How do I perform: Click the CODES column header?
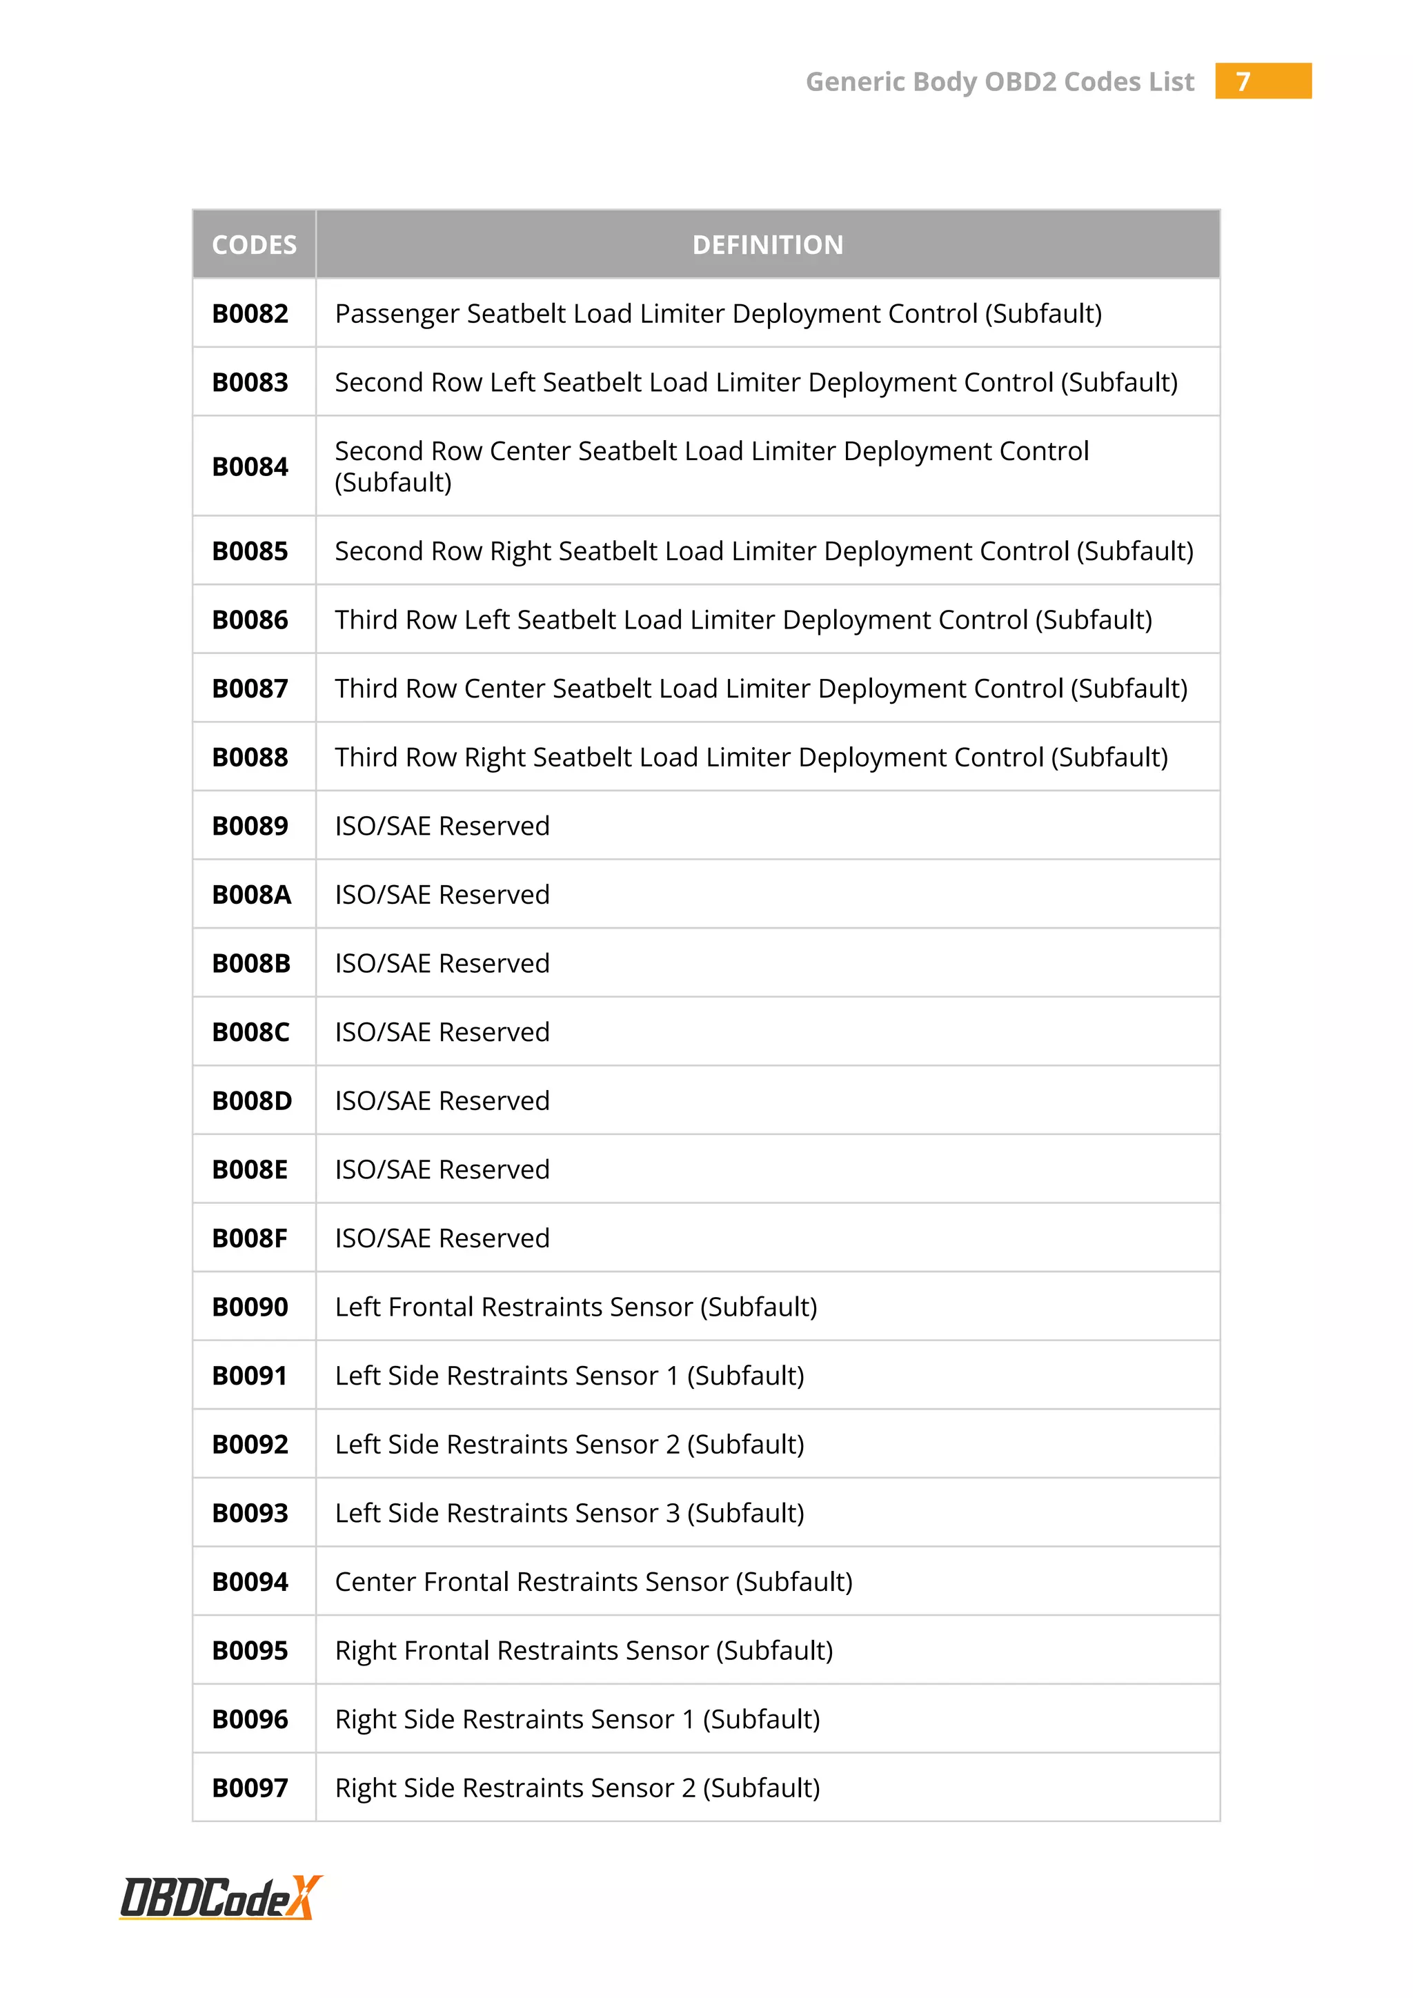click(x=254, y=244)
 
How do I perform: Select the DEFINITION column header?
click(x=767, y=244)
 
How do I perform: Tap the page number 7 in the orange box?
click(x=1243, y=82)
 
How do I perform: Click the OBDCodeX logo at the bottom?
click(x=221, y=1897)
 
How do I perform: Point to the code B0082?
click(x=250, y=313)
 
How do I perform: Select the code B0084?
click(x=250, y=466)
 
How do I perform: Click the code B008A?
click(x=251, y=895)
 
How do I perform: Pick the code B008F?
click(x=250, y=1238)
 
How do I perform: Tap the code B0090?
click(x=250, y=1307)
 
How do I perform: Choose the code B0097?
click(x=250, y=1788)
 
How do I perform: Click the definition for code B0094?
click(x=593, y=1582)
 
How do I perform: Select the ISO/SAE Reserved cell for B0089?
click(x=442, y=826)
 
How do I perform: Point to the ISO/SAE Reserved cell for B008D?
click(x=442, y=1101)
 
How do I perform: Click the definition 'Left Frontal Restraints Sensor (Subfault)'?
click(x=576, y=1307)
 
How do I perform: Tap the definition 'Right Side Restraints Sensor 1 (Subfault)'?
click(x=577, y=1719)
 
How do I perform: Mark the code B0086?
click(x=250, y=620)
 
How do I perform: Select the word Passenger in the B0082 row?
click(x=397, y=313)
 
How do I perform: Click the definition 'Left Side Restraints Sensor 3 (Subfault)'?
click(x=569, y=1513)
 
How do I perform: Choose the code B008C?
click(x=250, y=1032)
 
